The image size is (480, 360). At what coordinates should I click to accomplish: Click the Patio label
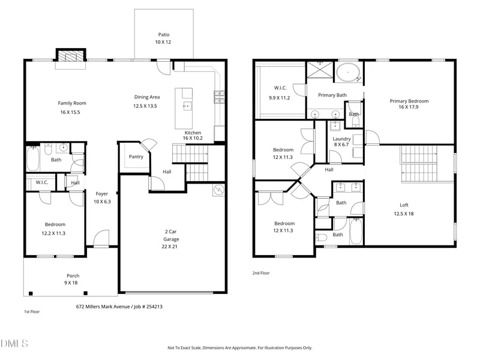tap(163, 35)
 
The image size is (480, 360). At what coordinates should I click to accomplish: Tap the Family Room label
tap(72, 103)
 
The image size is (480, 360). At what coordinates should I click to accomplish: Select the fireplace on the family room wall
tap(66, 56)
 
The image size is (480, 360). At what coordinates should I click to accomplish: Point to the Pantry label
tap(136, 157)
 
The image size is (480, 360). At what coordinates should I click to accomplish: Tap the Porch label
tap(72, 276)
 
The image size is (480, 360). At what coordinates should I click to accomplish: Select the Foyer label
tap(101, 194)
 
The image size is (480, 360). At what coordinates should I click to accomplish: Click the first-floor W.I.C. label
tap(41, 182)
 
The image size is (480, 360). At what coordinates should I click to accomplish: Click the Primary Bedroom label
tap(409, 101)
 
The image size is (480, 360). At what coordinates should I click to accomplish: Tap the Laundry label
tap(341, 139)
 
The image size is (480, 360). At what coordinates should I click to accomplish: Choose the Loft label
tap(404, 205)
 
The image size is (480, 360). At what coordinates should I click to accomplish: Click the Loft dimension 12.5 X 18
tap(404, 214)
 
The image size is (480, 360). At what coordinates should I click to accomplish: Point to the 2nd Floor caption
tap(261, 273)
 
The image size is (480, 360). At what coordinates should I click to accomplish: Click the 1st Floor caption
tap(31, 312)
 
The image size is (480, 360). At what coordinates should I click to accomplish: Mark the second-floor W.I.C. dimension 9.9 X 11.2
tap(279, 98)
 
